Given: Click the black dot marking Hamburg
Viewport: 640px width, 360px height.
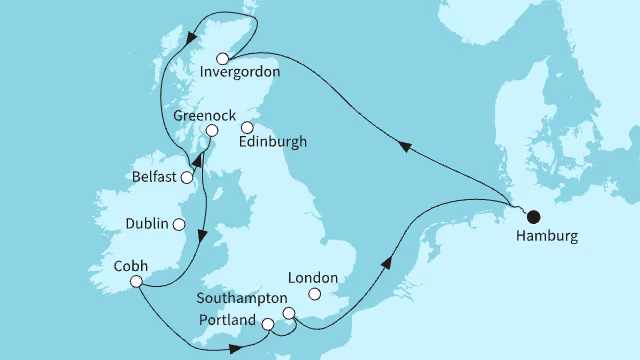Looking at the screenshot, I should click(532, 215).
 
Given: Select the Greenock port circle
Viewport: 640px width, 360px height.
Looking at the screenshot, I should click(211, 131).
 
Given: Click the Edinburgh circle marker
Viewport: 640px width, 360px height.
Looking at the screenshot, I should click(247, 127).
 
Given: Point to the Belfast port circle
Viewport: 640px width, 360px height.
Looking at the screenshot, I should click(186, 178).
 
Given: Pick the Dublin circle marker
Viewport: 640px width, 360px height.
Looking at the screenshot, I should click(179, 225).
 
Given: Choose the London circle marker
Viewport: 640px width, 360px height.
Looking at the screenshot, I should click(315, 295).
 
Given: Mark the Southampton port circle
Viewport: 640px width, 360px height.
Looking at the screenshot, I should click(289, 313).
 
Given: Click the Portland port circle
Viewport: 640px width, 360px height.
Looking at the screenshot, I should click(267, 324).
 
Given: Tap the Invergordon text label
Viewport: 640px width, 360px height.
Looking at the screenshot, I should click(239, 73).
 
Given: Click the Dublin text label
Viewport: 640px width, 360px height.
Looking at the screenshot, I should click(147, 224).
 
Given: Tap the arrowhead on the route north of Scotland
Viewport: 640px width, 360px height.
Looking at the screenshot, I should click(189, 40).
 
